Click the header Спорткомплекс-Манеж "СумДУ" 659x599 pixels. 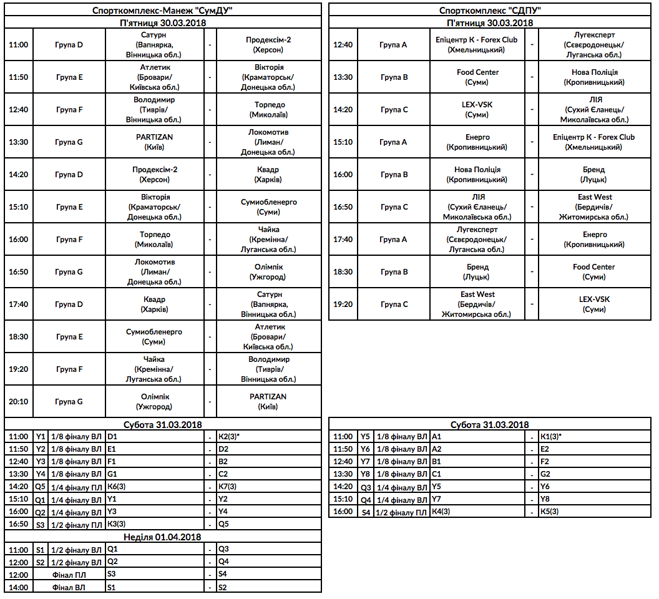(x=163, y=11)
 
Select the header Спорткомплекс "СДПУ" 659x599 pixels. (x=489, y=11)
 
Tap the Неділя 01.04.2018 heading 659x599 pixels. (x=163, y=537)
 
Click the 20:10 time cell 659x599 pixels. (x=19, y=401)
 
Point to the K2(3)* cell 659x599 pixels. (x=232, y=437)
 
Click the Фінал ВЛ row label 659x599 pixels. (x=69, y=587)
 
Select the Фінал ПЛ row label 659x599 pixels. (x=69, y=575)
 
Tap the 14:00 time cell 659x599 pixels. (x=19, y=587)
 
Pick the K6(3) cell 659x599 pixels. (x=118, y=487)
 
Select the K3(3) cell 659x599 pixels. (x=118, y=524)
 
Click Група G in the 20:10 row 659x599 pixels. (x=69, y=401)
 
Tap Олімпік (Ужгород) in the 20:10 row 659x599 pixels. (x=154, y=401)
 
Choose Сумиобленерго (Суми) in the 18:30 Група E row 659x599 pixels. (x=154, y=336)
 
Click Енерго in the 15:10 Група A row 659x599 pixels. (x=477, y=142)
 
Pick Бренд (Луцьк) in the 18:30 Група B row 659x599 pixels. (x=477, y=271)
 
